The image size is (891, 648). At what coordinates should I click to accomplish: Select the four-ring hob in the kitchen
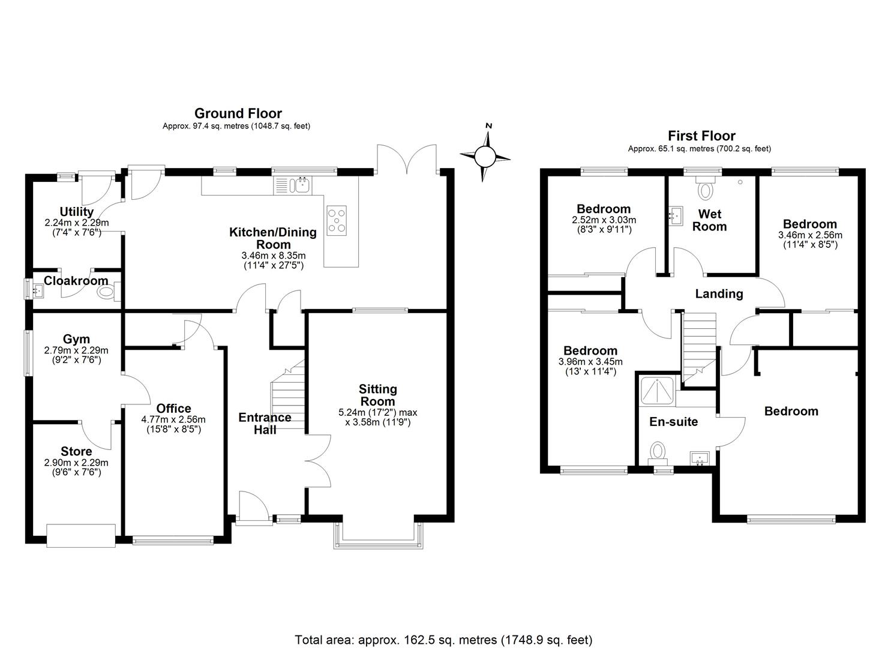point(336,220)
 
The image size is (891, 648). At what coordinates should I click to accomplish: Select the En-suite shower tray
point(658,391)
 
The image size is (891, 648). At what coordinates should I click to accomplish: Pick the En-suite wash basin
point(699,458)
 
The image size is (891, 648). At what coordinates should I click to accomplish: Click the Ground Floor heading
point(238,113)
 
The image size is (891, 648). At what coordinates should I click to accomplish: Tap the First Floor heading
point(701,136)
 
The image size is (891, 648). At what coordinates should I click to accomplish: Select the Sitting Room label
point(377,395)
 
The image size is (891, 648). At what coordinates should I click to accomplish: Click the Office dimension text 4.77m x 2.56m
point(174,420)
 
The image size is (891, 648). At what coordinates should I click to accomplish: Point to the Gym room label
point(76,340)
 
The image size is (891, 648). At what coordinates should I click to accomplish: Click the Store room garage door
point(81,535)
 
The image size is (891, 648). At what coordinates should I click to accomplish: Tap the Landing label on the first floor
point(719,294)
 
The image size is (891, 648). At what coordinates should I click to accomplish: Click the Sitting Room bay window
point(377,538)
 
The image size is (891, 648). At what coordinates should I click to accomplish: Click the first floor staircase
point(700,345)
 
